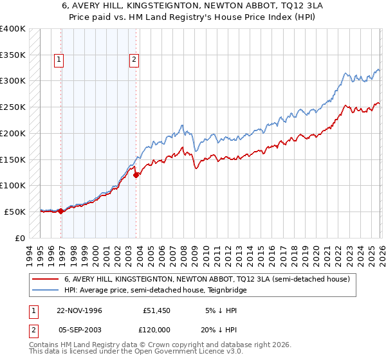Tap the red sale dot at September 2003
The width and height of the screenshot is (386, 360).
pyautogui.click(x=136, y=175)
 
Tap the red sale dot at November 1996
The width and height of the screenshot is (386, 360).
pyautogui.click(x=60, y=211)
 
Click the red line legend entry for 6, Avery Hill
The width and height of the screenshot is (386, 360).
pyautogui.click(x=207, y=280)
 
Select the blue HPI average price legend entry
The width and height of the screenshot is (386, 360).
pyautogui.click(x=155, y=291)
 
